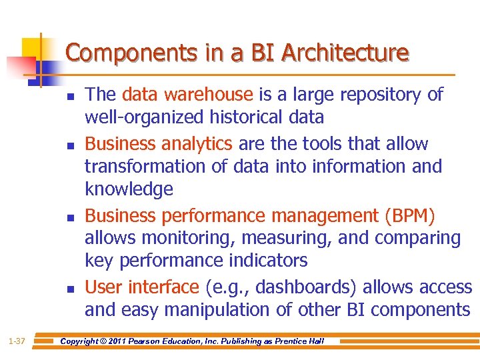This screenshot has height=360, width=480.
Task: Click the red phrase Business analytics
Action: point(159,143)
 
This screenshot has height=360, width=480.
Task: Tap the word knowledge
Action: point(129,189)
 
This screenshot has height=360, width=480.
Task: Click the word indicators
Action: point(265,260)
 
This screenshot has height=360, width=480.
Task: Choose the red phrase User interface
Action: point(141,287)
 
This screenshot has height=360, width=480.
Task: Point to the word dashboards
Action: point(307,287)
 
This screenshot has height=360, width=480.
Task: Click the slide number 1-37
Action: point(17,341)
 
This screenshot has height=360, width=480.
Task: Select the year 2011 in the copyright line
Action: point(121,341)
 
